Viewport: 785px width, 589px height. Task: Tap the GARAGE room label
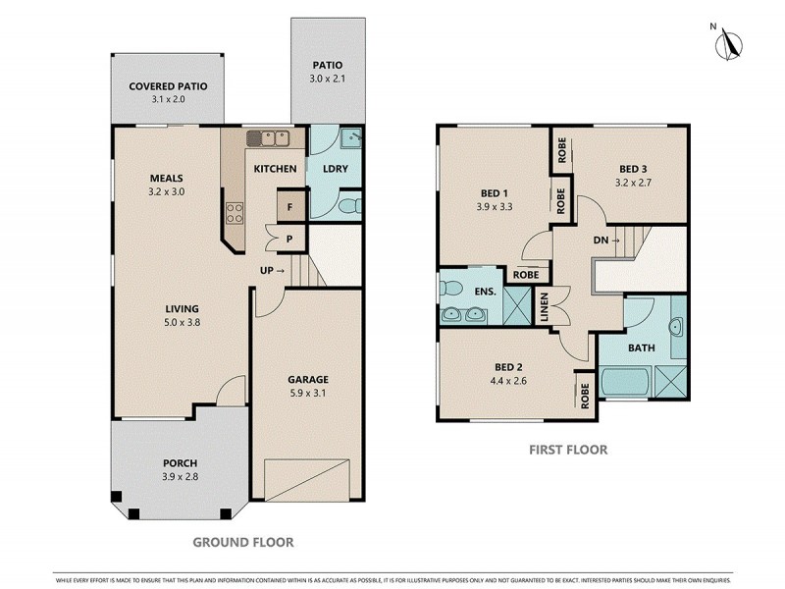[x=307, y=379]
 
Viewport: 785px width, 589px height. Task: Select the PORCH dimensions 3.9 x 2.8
[x=180, y=477]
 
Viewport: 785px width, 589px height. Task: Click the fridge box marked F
[x=290, y=207]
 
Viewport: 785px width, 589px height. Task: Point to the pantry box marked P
[x=290, y=238]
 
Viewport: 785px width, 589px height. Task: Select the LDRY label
[x=336, y=169]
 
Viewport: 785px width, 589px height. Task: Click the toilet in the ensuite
[x=451, y=288]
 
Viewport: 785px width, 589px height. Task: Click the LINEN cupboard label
[x=543, y=305]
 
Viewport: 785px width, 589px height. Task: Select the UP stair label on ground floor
[x=272, y=270]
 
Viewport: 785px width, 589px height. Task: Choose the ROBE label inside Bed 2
[x=586, y=397]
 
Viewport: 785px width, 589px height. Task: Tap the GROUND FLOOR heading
[x=241, y=541]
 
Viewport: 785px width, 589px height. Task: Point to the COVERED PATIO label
[x=168, y=85]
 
